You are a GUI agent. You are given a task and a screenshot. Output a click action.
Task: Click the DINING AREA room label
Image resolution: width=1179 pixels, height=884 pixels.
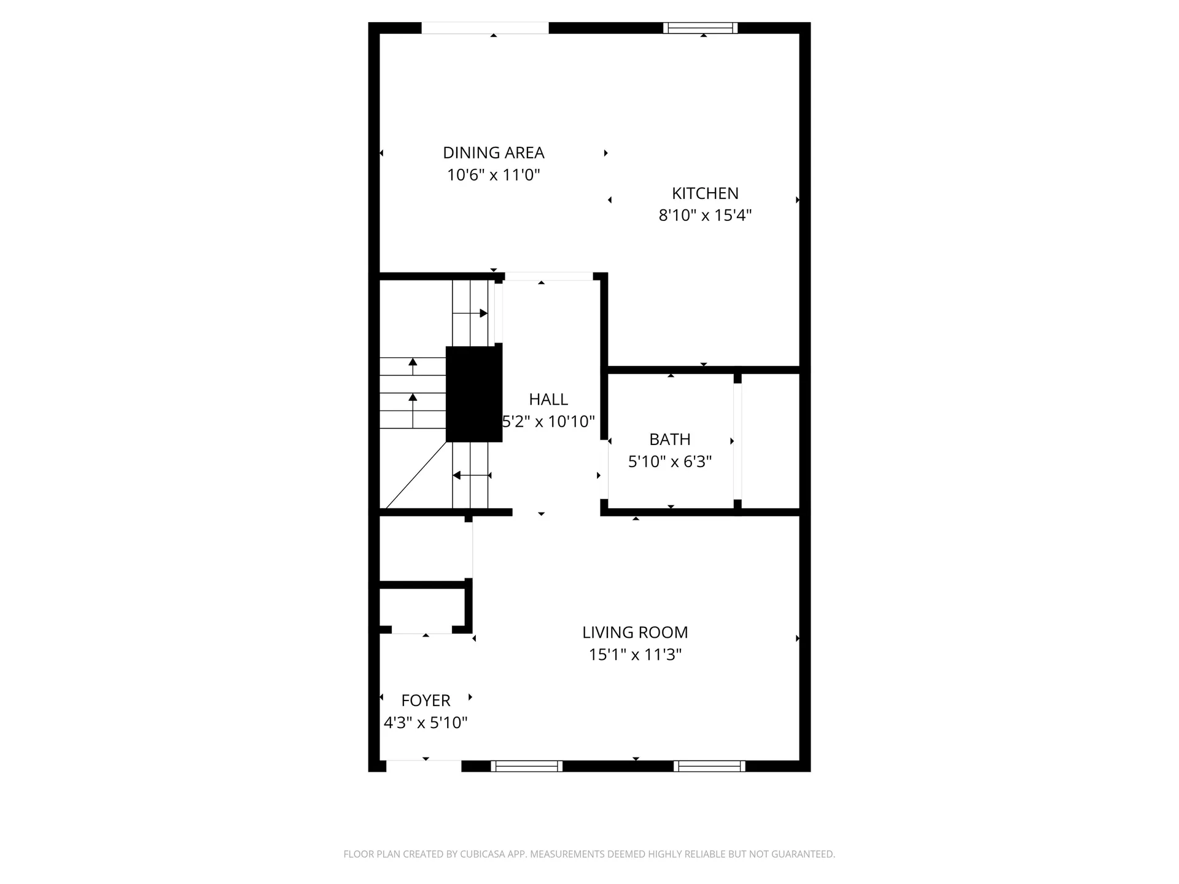493,152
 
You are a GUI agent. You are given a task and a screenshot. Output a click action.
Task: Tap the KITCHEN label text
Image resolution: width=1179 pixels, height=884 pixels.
705,193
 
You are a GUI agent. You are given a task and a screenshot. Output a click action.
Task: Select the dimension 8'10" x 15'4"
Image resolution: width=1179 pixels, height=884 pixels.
705,215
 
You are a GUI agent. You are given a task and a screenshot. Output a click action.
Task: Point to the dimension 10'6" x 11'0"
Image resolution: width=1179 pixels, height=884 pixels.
493,175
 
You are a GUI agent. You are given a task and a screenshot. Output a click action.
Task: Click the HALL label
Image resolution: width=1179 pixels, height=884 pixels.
548,400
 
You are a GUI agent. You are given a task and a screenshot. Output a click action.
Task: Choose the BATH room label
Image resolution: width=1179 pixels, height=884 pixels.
670,440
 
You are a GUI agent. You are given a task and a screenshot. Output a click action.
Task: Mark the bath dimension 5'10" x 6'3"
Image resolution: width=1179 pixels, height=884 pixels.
670,462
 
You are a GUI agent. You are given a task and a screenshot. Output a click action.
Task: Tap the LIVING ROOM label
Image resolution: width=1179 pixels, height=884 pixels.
635,632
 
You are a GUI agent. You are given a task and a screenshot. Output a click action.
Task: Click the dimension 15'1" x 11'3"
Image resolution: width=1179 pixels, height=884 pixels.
635,654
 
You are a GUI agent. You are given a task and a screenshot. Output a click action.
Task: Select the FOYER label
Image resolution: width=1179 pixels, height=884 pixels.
426,700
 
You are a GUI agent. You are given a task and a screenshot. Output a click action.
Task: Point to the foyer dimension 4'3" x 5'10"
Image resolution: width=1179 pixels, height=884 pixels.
426,723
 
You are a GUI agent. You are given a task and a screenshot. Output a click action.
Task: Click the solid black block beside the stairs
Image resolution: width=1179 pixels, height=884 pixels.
473,394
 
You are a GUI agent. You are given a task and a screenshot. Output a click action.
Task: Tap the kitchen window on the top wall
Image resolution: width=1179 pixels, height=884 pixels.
700,28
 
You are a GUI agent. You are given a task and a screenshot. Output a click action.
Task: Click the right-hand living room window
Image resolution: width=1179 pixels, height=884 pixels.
709,766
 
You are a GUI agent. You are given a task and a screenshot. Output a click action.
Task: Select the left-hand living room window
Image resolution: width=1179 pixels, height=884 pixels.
526,766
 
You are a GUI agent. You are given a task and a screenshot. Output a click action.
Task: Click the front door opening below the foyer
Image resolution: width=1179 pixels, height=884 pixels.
424,766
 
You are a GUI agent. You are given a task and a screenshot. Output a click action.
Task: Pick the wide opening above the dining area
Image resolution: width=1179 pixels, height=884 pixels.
485,28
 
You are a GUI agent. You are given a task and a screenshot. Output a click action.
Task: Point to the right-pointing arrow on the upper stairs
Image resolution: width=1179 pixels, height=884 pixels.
483,313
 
